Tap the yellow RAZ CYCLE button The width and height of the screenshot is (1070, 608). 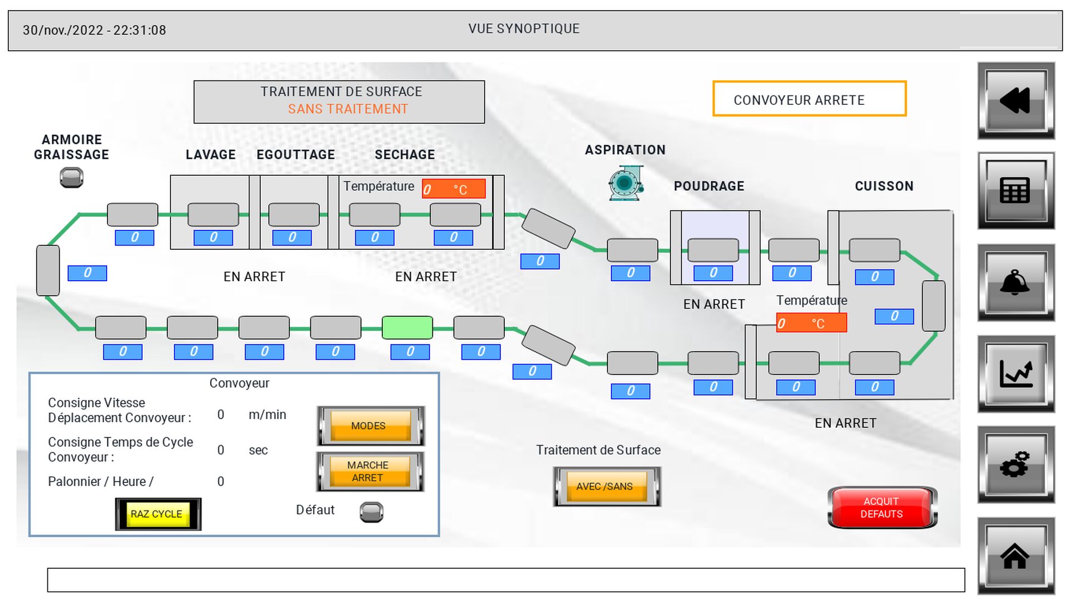pos(158,514)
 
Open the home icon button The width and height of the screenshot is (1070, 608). pos(1015,556)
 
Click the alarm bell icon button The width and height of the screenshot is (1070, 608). pos(1015,283)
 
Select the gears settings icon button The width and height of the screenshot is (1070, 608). pos(1015,465)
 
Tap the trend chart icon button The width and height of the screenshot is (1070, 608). pos(1015,374)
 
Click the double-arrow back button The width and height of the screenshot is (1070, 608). pos(1015,101)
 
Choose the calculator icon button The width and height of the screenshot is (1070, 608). pos(1015,191)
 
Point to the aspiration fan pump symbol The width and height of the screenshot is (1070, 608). pos(626,183)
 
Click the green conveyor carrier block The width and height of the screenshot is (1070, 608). pos(407,328)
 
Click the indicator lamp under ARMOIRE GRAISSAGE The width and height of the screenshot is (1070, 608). pos(71,178)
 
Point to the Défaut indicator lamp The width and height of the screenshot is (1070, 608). pos(371,512)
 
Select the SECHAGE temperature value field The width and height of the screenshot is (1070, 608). pos(454,189)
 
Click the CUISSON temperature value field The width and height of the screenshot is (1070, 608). pos(811,324)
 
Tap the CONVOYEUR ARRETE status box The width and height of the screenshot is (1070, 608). pos(809,99)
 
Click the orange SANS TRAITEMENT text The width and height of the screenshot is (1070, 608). pos(348,109)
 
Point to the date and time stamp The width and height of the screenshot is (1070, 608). pos(94,30)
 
